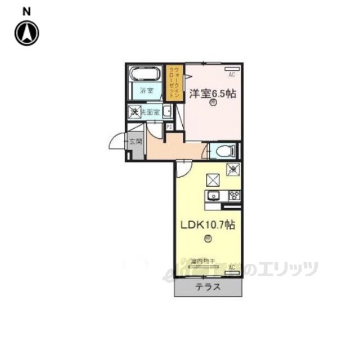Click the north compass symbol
[26, 33]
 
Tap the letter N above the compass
[26, 11]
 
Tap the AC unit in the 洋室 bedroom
[231, 74]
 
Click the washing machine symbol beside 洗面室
[135, 111]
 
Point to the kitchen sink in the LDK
[213, 196]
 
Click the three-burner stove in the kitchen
[234, 196]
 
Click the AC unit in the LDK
[232, 271]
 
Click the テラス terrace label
[208, 287]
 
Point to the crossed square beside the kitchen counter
[213, 179]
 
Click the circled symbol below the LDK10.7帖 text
[208, 239]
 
